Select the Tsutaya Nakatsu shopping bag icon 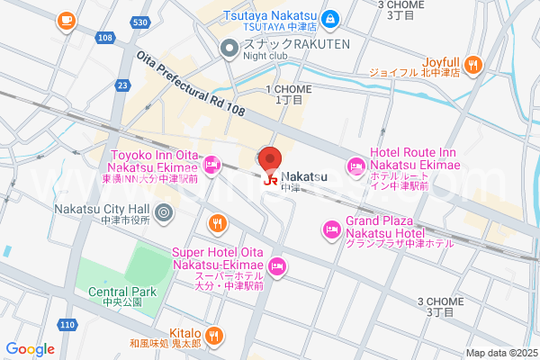tap(330, 18)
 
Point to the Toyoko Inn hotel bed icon tap(211, 164)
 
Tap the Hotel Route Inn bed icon tap(356, 166)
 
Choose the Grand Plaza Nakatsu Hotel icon tap(332, 229)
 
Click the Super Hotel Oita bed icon tap(277, 265)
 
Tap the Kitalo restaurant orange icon tap(213, 337)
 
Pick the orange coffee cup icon tap(65, 20)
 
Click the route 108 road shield tap(105, 38)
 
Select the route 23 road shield tap(121, 85)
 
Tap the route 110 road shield tap(67, 324)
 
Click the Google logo tap(30, 349)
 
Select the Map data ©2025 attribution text tap(500, 353)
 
